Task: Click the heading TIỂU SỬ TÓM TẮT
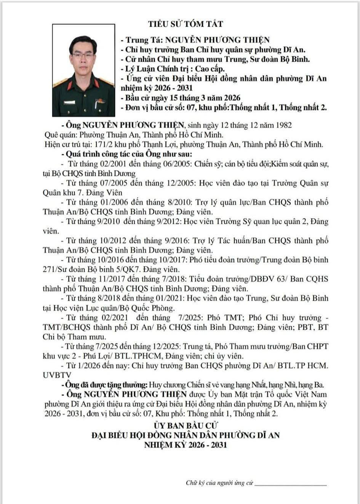(186, 24)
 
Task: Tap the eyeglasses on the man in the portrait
(83, 56)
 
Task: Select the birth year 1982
(284, 125)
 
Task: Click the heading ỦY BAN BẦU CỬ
(186, 425)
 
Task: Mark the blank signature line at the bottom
(290, 485)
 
